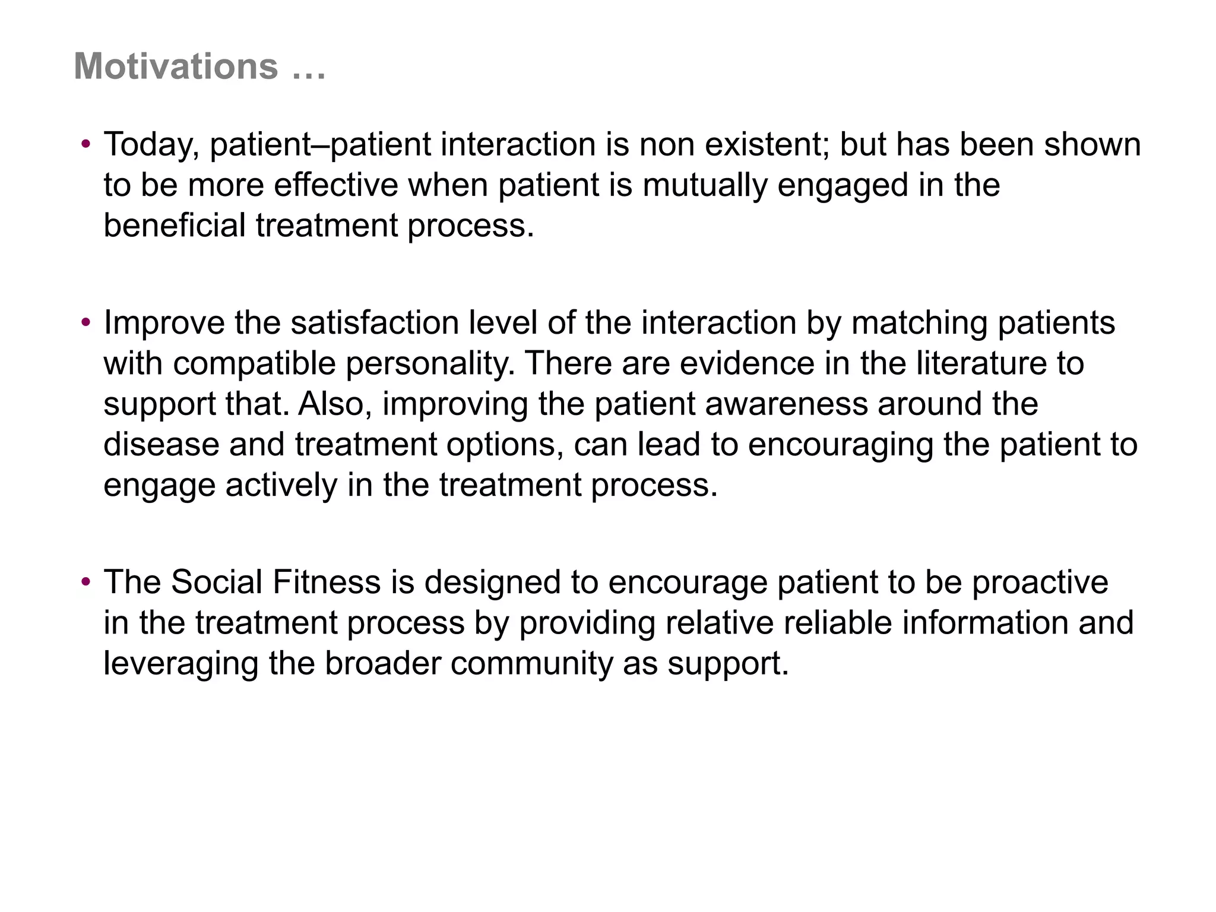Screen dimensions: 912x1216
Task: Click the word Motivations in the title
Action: (x=176, y=66)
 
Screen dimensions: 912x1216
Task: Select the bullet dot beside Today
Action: (x=86, y=144)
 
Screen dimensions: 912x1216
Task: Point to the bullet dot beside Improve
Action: (x=86, y=322)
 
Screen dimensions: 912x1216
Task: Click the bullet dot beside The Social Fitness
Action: (x=86, y=581)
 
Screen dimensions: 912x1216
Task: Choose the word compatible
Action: (x=255, y=363)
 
